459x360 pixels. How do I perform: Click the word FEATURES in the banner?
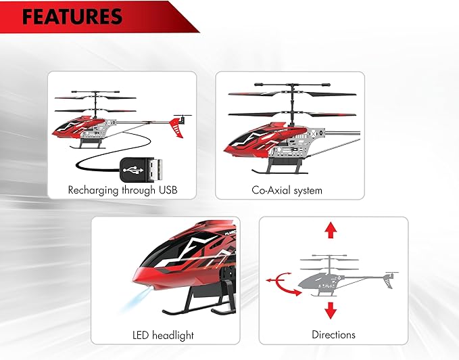tap(72, 16)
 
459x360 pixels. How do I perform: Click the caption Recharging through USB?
tap(122, 190)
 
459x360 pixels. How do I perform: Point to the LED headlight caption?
tap(163, 334)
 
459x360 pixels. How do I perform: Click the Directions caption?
tap(333, 334)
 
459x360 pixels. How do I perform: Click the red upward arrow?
tap(330, 230)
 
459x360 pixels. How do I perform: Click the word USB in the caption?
tap(167, 190)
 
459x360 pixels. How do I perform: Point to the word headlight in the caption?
tap(174, 334)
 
